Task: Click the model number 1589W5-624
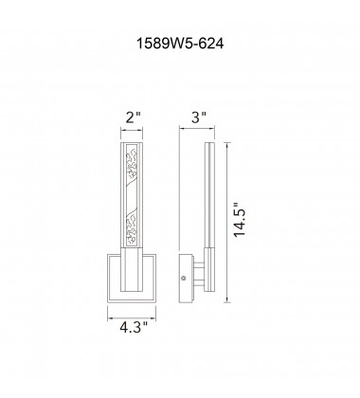(x=179, y=43)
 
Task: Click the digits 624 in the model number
(x=209, y=43)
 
